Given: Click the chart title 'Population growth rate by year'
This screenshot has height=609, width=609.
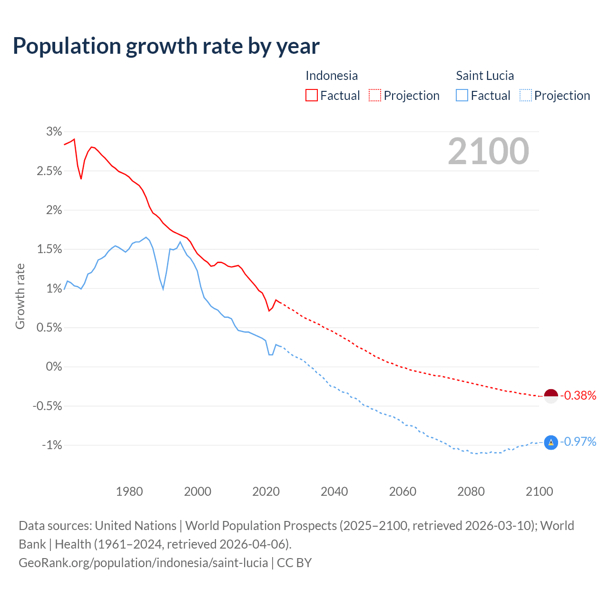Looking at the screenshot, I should point(166,46).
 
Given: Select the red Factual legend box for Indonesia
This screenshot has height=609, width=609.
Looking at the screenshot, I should point(311,95).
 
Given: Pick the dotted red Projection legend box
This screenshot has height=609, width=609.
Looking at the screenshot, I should point(375,95).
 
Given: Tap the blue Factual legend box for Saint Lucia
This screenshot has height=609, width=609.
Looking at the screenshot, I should point(462,95).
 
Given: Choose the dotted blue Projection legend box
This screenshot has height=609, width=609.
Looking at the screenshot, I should point(525,95).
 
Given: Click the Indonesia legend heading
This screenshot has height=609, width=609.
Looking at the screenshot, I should point(331,76).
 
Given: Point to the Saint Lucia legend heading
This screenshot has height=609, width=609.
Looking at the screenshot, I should point(485,76).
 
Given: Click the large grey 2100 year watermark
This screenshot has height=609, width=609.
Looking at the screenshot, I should point(488,151).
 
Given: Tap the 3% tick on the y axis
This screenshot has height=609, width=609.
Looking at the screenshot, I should point(54,132).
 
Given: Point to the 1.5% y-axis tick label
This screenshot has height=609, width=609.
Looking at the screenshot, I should point(49,249).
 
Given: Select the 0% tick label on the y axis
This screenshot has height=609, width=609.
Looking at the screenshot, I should point(54,367).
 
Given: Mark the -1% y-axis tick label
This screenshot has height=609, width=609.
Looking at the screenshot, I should point(52,445).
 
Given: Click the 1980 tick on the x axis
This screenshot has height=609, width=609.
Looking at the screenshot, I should point(129,491).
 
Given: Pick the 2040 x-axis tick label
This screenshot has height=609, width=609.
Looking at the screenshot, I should point(334,491).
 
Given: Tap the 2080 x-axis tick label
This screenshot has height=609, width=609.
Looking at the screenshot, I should point(471,491).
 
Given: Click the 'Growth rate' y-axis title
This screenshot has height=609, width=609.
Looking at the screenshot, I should point(20,296).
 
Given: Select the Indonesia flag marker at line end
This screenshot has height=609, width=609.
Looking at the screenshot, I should point(550,396).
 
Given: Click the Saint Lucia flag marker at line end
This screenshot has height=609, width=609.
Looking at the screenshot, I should point(550,442).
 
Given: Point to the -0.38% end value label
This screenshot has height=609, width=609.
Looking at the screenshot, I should point(578,396).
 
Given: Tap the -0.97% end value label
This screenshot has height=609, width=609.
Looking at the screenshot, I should point(578,442).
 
